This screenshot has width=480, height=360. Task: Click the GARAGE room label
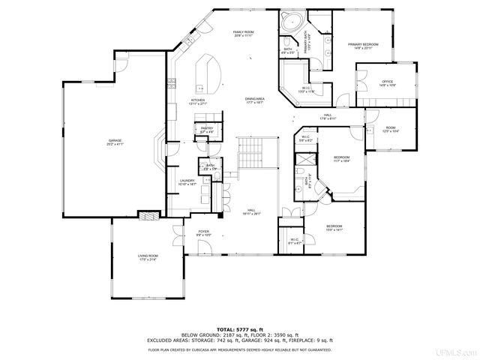(115, 142)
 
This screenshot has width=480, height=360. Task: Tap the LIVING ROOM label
(147, 257)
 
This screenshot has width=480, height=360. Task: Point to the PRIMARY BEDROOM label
(362, 46)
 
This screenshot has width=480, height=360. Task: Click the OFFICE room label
(387, 82)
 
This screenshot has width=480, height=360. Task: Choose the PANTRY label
(207, 130)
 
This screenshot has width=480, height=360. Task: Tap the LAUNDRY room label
(187, 182)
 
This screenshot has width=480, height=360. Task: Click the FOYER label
(203, 232)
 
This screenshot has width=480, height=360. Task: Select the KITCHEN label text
(198, 100)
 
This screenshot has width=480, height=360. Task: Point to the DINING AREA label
(254, 100)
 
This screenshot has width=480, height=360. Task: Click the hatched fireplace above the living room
(148, 215)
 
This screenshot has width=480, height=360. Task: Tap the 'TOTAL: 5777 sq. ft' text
(239, 328)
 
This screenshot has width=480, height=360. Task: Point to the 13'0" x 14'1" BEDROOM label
(334, 228)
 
